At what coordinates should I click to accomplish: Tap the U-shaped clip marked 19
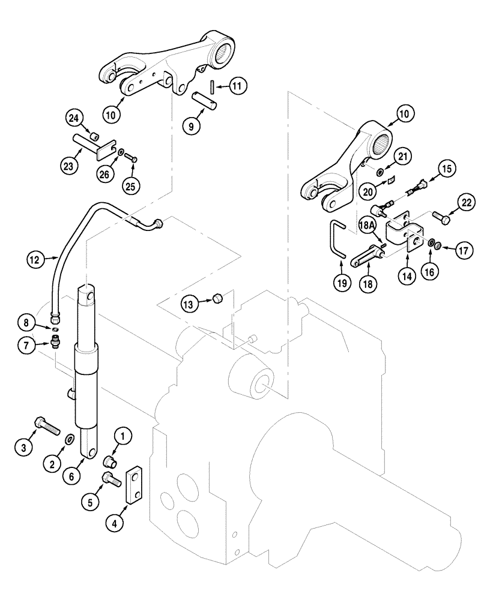pyautogui.click(x=337, y=240)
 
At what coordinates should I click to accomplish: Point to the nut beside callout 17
pyautogui.click(x=440, y=245)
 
